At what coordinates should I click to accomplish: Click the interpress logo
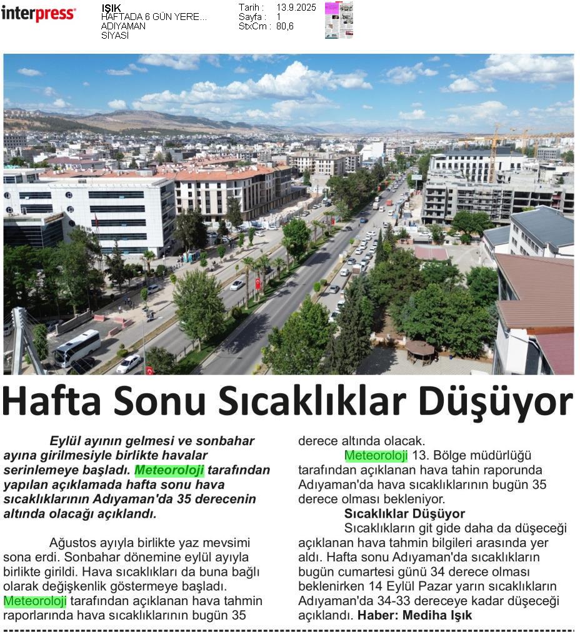pyautogui.click(x=38, y=13)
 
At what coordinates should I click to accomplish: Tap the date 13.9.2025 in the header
pyautogui.click(x=296, y=8)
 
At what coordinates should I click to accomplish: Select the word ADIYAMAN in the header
pyautogui.click(x=123, y=26)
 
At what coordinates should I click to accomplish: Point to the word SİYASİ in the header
pyautogui.click(x=115, y=36)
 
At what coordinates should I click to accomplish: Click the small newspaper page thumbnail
pyautogui.click(x=339, y=20)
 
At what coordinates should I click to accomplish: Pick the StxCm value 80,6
pyautogui.click(x=285, y=26)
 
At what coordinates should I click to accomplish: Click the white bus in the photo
pyautogui.click(x=77, y=348)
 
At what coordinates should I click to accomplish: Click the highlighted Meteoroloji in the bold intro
pyautogui.click(x=169, y=470)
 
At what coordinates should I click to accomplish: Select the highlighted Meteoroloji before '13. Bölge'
pyautogui.click(x=376, y=456)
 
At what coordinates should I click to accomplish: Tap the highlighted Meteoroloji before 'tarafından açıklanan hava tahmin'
pyautogui.click(x=35, y=601)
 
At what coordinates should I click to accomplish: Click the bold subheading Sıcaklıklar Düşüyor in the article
pyautogui.click(x=404, y=514)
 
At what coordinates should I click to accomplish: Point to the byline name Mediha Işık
pyautogui.click(x=437, y=615)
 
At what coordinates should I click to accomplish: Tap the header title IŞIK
pyautogui.click(x=111, y=8)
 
